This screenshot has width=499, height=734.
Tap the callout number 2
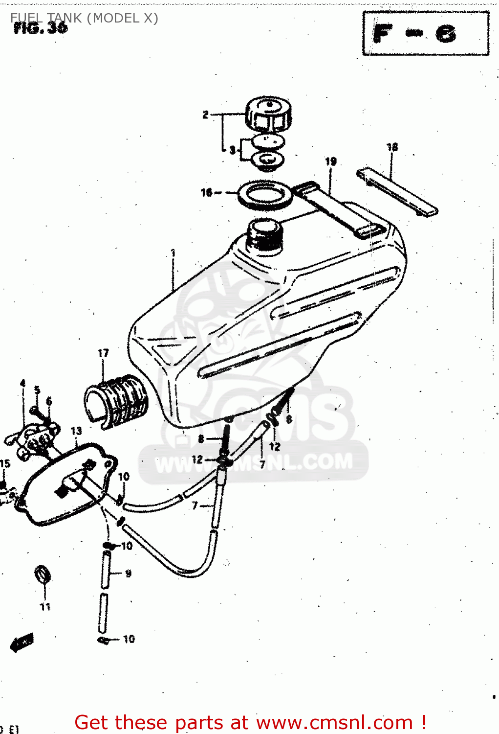click(205, 115)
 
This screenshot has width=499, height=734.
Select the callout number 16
click(207, 193)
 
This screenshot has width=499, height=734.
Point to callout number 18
click(392, 147)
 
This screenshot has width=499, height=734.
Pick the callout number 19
click(331, 161)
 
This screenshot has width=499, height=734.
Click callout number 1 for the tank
click(173, 253)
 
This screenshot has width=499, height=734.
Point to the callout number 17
click(103, 353)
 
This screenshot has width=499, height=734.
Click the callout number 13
click(76, 431)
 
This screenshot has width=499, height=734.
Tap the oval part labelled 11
click(43, 574)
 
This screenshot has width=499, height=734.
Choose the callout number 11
click(45, 607)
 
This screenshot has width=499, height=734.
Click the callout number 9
click(128, 573)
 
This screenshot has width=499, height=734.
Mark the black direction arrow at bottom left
click(22, 642)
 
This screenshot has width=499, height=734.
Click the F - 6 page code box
click(425, 34)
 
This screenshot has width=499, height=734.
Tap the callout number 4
click(22, 383)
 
